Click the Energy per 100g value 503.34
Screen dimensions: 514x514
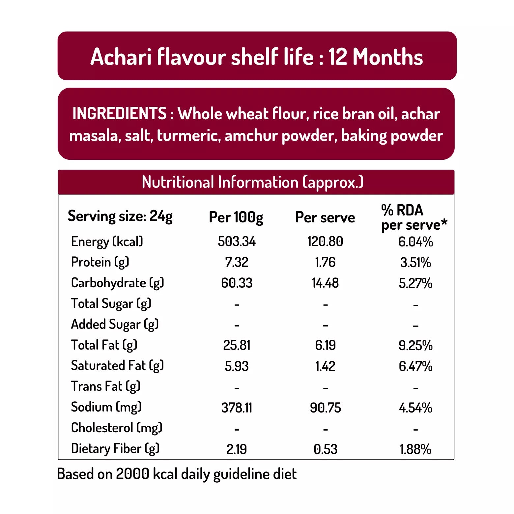(237, 242)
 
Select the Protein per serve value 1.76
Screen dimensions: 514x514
(325, 262)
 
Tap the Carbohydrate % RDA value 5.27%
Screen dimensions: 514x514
(415, 283)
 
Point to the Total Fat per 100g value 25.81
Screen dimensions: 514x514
(237, 345)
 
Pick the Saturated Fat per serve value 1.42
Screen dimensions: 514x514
(325, 366)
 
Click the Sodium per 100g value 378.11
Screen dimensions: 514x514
(237, 408)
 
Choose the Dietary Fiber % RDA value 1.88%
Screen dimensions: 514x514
(415, 449)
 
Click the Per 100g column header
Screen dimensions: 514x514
(236, 217)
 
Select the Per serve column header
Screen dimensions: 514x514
(325, 217)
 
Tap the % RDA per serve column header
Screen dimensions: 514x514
(414, 217)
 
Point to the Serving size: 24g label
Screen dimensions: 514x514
(120, 216)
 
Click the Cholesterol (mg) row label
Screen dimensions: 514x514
(117, 428)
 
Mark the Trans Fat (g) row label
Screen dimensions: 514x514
(106, 386)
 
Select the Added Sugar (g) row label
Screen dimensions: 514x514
(115, 325)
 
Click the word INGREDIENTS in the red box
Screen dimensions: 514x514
(119, 114)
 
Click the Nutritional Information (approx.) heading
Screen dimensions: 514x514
(252, 182)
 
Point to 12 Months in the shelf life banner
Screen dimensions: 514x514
(375, 57)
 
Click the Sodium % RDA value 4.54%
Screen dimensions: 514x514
(415, 408)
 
